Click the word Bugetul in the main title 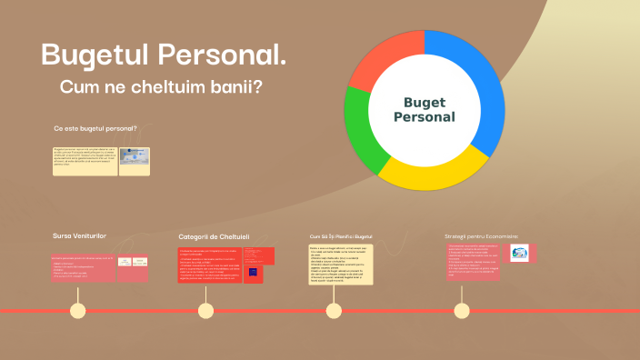(x=95, y=55)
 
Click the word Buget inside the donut (x=425, y=102)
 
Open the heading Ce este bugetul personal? (x=95, y=129)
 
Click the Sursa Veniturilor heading (x=79, y=236)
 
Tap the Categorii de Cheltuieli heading (x=214, y=237)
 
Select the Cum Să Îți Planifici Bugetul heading (x=340, y=236)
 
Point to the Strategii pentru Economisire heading (x=481, y=236)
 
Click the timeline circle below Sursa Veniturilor (x=79, y=311)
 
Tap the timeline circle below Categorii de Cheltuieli (x=206, y=311)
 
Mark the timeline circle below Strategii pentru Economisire (x=462, y=311)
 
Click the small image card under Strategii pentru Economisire (x=518, y=254)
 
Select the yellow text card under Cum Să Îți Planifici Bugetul (x=340, y=264)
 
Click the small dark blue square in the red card (x=253, y=272)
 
